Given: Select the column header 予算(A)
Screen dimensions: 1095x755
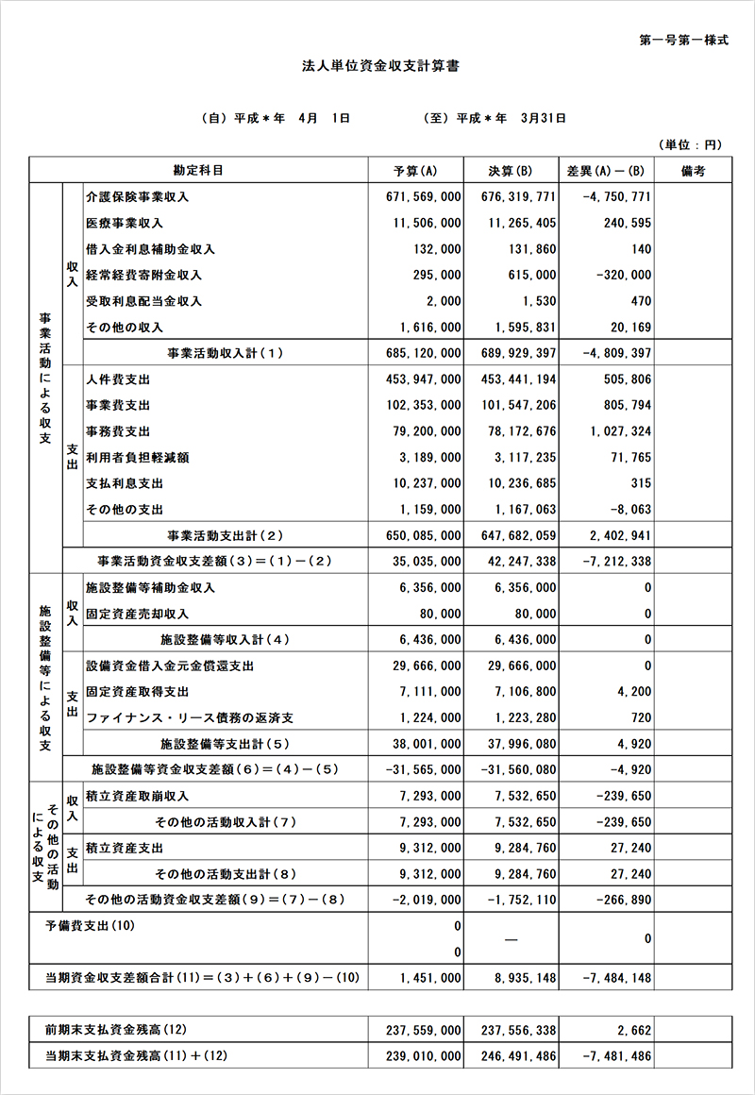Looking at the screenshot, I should pyautogui.click(x=414, y=171).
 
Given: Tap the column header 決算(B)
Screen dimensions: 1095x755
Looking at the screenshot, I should pyautogui.click(x=511, y=171).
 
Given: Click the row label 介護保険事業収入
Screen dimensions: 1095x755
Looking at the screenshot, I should pyautogui.click(x=137, y=196).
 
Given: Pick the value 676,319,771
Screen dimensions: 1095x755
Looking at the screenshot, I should pyautogui.click(x=518, y=196).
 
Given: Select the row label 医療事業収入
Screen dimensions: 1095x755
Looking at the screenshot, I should pyautogui.click(x=124, y=223).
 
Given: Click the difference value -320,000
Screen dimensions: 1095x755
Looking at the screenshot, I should pyautogui.click(x=618, y=275).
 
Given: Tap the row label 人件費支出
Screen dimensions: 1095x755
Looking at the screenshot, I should pyautogui.click(x=117, y=379).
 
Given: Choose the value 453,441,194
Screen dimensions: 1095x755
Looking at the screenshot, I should pyautogui.click(x=518, y=379).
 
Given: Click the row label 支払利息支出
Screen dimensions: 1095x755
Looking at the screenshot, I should pyautogui.click(x=124, y=483).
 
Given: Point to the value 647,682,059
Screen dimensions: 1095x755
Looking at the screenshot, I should pyautogui.click(x=518, y=535).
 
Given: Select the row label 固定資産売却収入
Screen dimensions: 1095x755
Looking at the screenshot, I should pyautogui.click(x=137, y=614).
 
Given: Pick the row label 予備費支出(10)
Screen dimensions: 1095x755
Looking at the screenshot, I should pyautogui.click(x=91, y=926).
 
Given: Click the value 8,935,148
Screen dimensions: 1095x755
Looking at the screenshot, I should pyautogui.click(x=524, y=978).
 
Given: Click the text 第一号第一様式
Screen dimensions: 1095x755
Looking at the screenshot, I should pyautogui.click(x=683, y=42).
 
